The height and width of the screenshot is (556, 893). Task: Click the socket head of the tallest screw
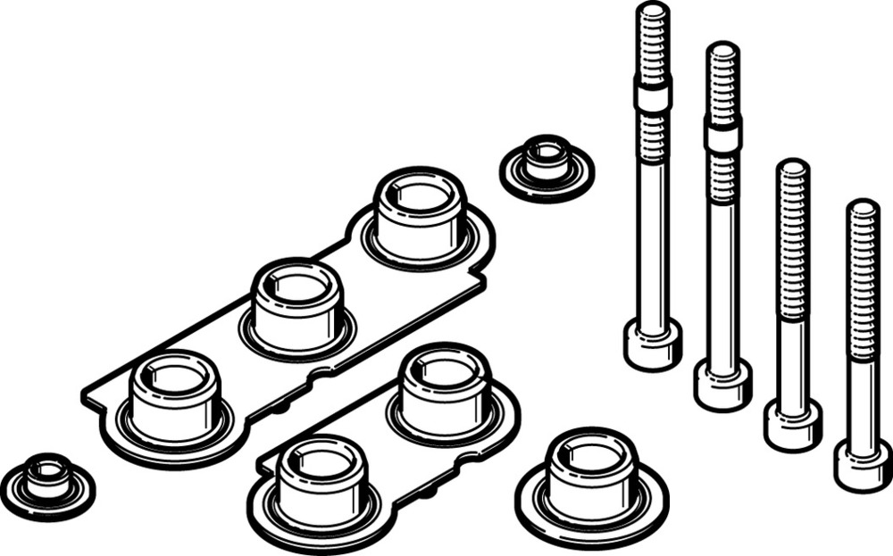click(652, 344)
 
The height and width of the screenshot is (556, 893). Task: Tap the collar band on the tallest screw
click(653, 93)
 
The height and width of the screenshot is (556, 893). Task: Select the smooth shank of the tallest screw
click(653, 241)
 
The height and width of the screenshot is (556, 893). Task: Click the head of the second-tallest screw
click(722, 385)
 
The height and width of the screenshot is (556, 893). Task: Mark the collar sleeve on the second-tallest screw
click(722, 135)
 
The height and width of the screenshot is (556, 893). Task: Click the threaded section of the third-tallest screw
click(792, 241)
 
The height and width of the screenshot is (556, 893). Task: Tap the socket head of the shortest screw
click(862, 465)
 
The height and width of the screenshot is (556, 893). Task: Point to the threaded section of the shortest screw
click(863, 277)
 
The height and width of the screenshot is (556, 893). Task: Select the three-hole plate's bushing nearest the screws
click(419, 213)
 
